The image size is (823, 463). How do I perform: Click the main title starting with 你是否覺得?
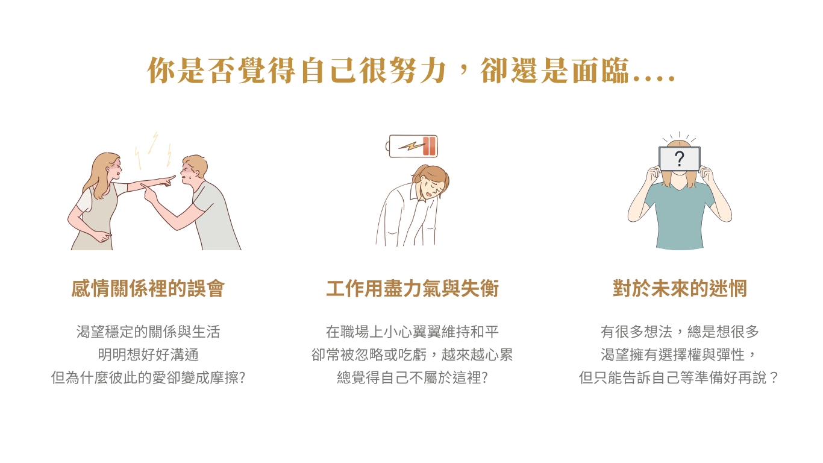point(411,70)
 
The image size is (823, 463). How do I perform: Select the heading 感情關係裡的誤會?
point(148,288)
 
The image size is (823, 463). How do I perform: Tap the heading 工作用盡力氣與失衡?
point(412,288)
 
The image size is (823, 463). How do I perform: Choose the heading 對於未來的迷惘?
point(680,288)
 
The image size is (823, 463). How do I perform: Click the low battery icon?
point(411,146)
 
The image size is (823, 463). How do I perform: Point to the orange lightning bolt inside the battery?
point(411,146)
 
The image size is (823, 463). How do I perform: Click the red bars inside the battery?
point(429,146)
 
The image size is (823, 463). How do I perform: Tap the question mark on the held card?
point(680,159)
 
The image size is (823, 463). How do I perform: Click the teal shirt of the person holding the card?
point(680,216)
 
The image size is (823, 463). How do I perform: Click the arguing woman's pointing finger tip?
point(174,177)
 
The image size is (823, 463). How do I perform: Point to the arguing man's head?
point(193,169)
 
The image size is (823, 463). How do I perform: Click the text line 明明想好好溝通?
point(148,355)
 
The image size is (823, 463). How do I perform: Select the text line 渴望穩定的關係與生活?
point(148,332)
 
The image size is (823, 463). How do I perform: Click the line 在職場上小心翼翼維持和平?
point(412,332)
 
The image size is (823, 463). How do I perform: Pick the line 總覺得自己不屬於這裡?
point(412,377)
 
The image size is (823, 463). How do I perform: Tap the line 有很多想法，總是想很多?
point(680,332)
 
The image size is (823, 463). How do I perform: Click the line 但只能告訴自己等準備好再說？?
point(678,377)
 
